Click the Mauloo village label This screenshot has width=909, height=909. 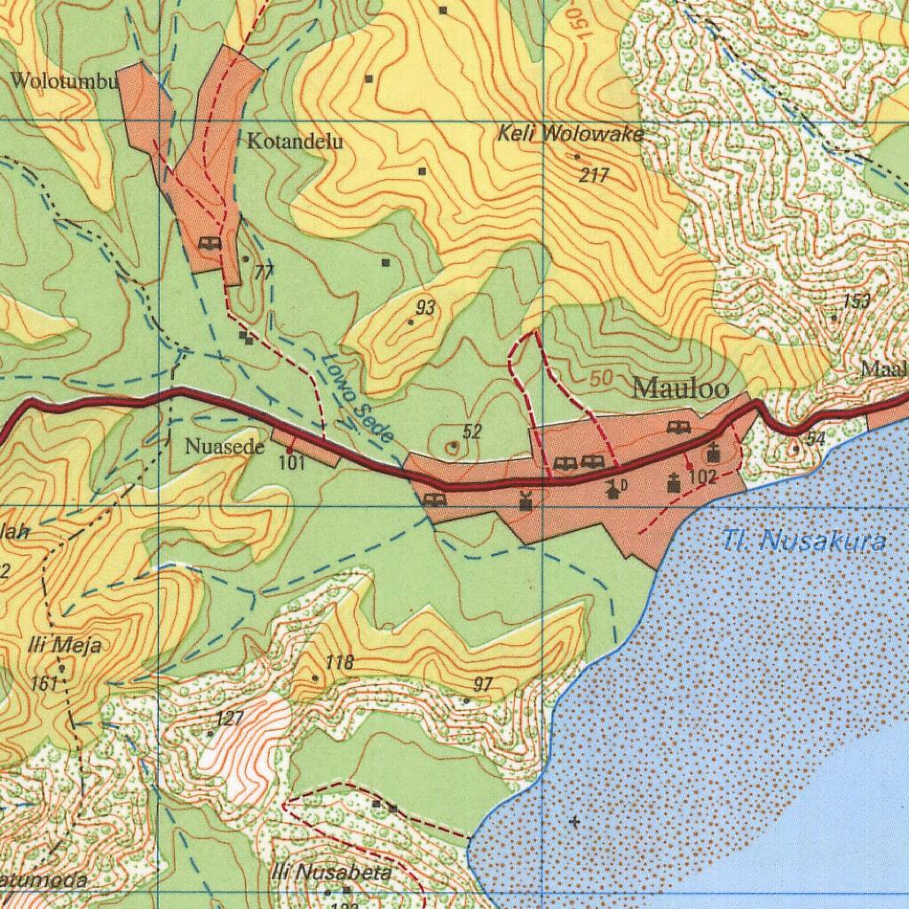681,389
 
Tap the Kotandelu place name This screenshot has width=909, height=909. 295,141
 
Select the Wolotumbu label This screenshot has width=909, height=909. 63,82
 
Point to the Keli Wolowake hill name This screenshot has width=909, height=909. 570,135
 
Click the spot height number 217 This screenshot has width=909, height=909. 594,176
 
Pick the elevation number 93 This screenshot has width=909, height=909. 425,308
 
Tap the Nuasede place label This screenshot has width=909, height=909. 225,447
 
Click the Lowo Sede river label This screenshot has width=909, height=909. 358,399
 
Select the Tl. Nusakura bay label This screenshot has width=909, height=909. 804,540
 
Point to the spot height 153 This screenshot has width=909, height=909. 857,301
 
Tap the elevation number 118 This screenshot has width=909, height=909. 339,662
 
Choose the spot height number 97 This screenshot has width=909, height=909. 483,684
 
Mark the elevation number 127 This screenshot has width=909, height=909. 229,718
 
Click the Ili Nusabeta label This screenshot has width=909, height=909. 331,872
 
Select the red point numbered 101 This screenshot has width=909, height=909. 289,451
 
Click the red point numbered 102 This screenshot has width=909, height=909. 689,466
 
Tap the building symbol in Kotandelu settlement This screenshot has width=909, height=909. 210,243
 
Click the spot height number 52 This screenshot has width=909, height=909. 472,432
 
